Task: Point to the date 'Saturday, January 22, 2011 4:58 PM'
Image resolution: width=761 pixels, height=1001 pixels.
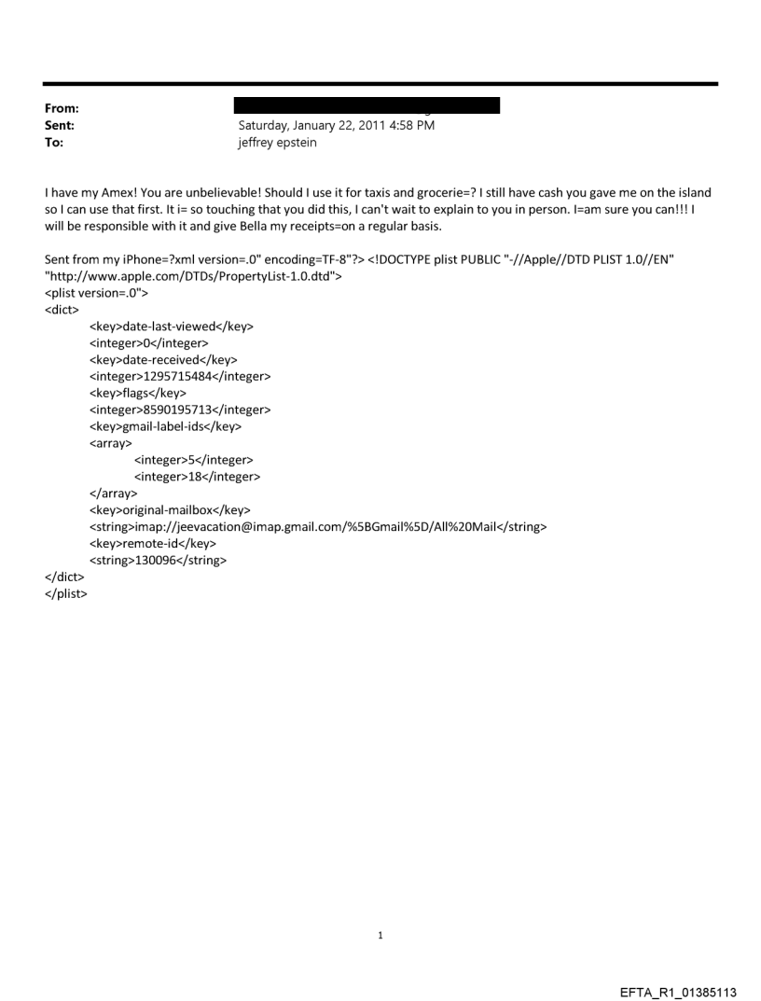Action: (337, 125)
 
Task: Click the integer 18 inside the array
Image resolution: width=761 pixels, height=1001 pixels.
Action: (197, 477)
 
